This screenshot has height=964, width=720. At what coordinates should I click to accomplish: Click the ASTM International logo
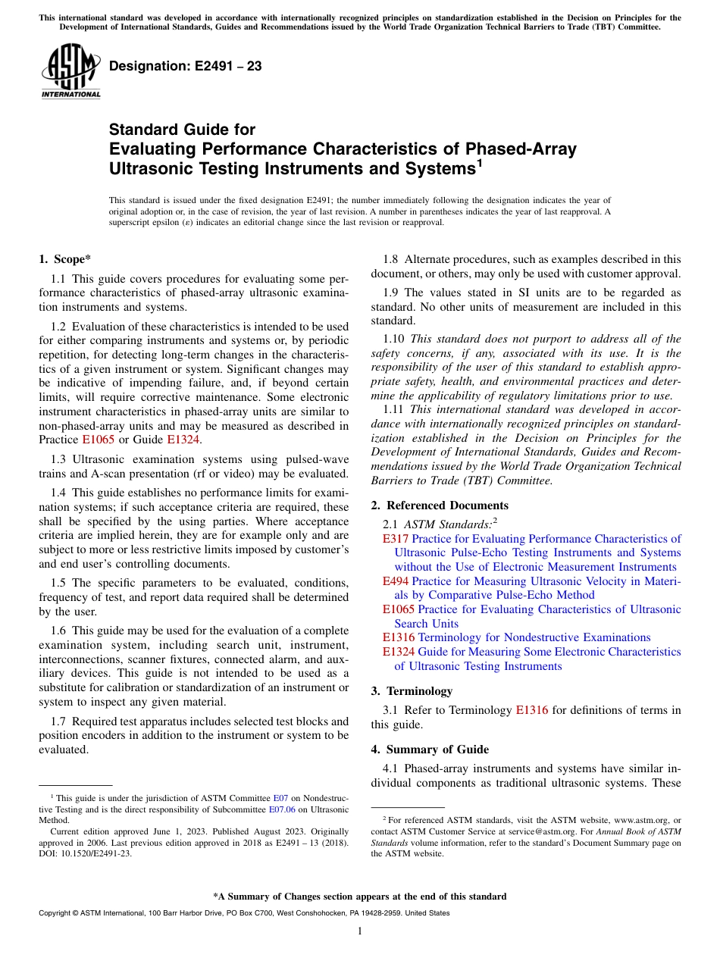click(70, 73)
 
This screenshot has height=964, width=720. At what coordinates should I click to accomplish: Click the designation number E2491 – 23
click(186, 67)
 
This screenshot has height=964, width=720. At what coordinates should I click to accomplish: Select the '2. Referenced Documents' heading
click(440, 505)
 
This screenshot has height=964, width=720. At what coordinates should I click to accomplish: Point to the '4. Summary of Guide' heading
click(430, 750)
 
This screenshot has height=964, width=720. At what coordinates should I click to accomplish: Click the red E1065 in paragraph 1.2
click(99, 440)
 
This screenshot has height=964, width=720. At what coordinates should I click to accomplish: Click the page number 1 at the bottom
click(360, 931)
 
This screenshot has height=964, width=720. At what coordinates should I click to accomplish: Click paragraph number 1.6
click(60, 631)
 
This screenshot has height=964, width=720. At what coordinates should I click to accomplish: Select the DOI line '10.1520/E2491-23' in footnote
click(84, 853)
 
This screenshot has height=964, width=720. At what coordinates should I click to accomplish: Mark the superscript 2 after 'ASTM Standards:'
click(495, 520)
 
